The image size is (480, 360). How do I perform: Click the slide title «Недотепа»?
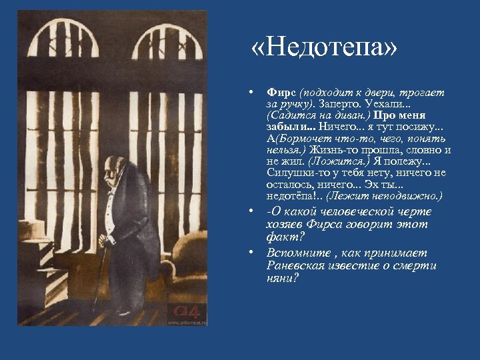tap(325, 48)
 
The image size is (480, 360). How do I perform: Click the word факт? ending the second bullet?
tap(280, 237)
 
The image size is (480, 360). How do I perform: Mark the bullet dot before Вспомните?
tap(248, 253)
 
